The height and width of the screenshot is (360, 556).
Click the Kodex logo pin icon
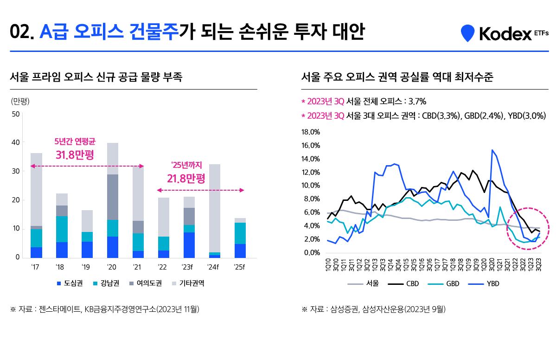(467, 33)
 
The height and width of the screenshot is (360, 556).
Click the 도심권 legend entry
(70, 283)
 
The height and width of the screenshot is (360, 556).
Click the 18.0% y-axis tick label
(311, 132)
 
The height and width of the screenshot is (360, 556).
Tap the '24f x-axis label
(214, 267)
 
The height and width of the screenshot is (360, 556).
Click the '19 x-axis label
(87, 267)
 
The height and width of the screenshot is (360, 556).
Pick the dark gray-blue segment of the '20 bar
(113, 197)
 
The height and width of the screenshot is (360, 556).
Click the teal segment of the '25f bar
(240, 233)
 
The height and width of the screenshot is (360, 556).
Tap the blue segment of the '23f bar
(189, 245)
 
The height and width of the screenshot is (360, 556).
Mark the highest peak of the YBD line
(492, 150)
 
